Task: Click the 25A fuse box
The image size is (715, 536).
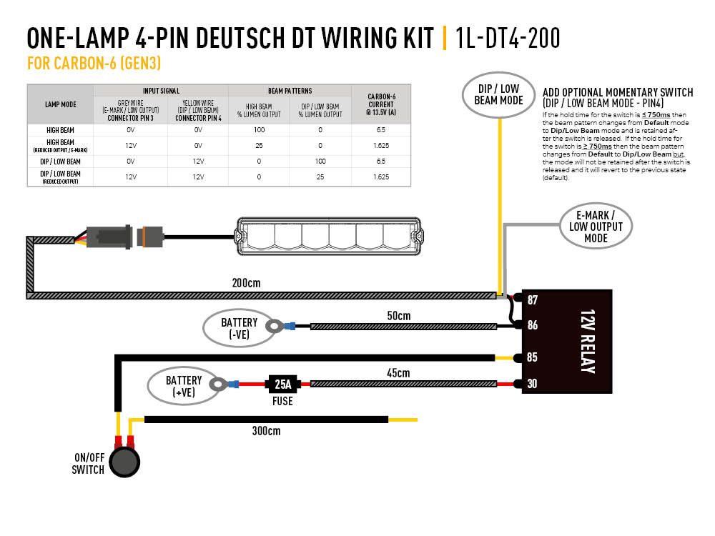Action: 283,384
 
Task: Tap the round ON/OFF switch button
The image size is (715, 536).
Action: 126,461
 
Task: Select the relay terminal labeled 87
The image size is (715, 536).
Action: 532,299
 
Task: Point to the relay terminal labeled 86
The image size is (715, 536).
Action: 532,325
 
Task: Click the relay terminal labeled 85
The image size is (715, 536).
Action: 532,357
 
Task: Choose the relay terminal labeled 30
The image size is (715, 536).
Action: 532,384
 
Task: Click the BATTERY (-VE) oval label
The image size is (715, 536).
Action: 239,328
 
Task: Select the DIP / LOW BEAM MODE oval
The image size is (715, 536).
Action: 498,94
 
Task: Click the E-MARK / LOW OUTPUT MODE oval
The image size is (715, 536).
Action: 596,227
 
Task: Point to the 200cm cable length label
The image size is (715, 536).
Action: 247,282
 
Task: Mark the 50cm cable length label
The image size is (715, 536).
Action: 399,315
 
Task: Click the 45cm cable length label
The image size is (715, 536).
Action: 398,372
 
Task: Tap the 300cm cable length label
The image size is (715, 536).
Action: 266,431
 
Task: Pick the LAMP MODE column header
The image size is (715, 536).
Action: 60,104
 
